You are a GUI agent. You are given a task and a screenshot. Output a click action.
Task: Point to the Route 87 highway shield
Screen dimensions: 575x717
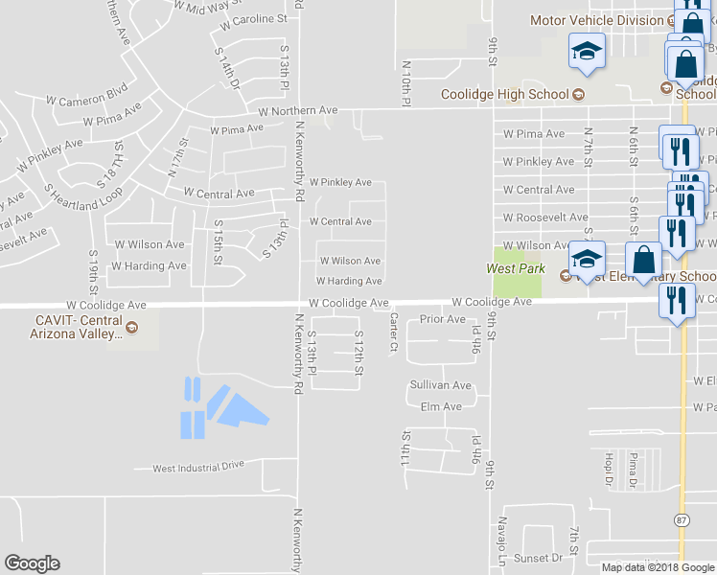[682, 520]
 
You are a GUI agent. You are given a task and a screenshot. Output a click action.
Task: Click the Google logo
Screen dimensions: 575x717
[32, 563]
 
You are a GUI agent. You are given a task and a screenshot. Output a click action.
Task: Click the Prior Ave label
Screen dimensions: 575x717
[442, 319]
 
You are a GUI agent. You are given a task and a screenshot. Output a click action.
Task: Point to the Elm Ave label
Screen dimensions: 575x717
[441, 406]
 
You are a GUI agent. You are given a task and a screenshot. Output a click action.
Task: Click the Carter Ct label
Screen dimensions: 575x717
[393, 332]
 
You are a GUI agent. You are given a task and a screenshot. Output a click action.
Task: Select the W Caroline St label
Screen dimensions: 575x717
[246, 18]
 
